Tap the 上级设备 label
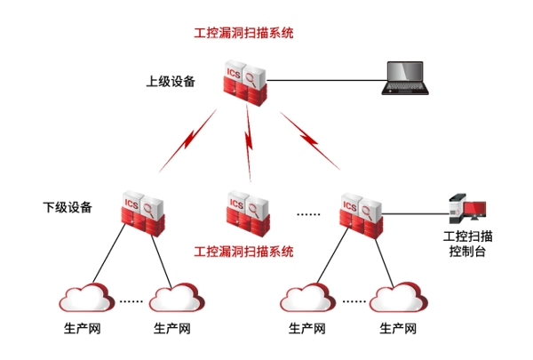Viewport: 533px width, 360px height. tap(171, 81)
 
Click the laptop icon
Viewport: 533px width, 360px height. tap(406, 78)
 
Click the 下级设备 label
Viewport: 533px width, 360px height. tap(68, 208)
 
